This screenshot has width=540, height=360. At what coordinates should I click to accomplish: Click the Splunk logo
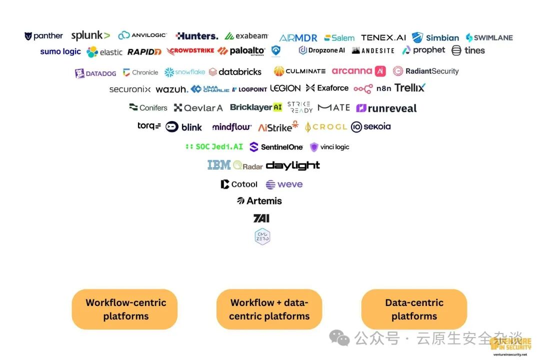(x=90, y=35)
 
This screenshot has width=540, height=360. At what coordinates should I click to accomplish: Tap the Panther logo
(x=44, y=36)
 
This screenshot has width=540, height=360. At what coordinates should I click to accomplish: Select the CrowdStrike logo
(x=190, y=51)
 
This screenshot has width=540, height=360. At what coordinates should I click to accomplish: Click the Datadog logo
(x=95, y=73)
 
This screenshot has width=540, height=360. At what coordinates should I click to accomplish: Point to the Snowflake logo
(x=185, y=72)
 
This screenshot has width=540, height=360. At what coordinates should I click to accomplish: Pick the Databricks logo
(x=235, y=72)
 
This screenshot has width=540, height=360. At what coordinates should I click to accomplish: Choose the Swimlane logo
(x=489, y=37)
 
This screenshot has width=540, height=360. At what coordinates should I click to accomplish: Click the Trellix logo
(x=409, y=88)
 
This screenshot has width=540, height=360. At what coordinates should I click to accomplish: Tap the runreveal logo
(x=386, y=108)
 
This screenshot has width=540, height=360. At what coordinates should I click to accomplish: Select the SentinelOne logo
(x=276, y=147)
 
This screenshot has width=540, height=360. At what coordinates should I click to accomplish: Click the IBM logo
(x=219, y=165)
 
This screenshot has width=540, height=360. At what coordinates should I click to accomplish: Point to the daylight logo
(x=293, y=165)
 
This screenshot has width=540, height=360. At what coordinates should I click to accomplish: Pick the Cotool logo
(x=239, y=184)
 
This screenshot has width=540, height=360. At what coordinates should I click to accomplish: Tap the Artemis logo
(x=259, y=201)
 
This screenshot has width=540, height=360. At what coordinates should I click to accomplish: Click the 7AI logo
(x=261, y=218)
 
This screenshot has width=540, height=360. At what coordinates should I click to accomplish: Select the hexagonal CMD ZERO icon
(x=262, y=236)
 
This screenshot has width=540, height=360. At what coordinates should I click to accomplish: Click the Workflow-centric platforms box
(x=125, y=309)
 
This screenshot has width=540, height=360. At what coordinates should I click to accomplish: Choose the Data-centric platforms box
(x=414, y=309)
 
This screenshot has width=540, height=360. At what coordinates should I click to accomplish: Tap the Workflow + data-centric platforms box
(x=269, y=309)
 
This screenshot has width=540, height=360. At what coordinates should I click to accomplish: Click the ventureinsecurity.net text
(x=510, y=354)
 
